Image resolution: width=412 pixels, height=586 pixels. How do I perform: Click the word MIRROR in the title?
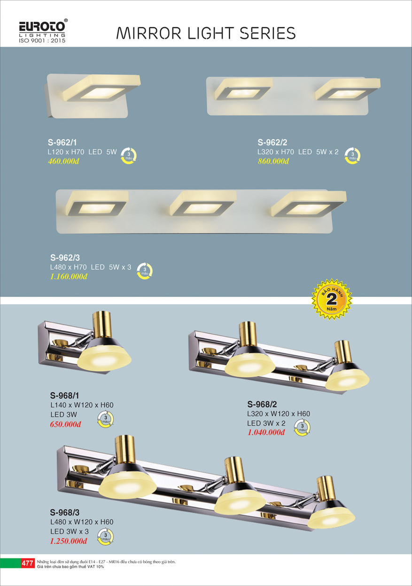[x=149, y=33]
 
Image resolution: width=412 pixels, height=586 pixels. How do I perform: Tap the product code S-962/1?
[x=62, y=142]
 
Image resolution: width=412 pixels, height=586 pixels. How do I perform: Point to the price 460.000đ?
[x=63, y=161]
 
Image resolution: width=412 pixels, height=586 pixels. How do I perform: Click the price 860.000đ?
[x=273, y=161]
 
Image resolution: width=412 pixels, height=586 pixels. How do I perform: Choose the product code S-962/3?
[x=65, y=258]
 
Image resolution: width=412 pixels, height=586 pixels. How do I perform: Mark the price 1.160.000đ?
[x=69, y=276]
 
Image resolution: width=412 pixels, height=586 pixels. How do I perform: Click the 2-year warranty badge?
[x=332, y=299]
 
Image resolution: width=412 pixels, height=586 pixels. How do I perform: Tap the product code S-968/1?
[x=64, y=396]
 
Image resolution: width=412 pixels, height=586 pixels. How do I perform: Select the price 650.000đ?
[x=65, y=424]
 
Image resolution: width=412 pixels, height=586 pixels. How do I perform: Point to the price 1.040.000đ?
[x=266, y=432]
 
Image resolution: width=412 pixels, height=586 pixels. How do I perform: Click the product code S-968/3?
[x=65, y=512]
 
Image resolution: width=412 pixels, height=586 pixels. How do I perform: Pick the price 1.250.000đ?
[x=69, y=541]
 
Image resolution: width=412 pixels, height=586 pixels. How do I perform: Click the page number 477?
[x=27, y=563]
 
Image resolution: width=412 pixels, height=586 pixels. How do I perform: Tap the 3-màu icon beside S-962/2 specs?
[x=352, y=156]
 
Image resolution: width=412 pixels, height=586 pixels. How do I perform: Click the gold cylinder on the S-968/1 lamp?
[x=102, y=324]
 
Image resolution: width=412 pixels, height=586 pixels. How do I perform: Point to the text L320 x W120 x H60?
[x=279, y=414]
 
